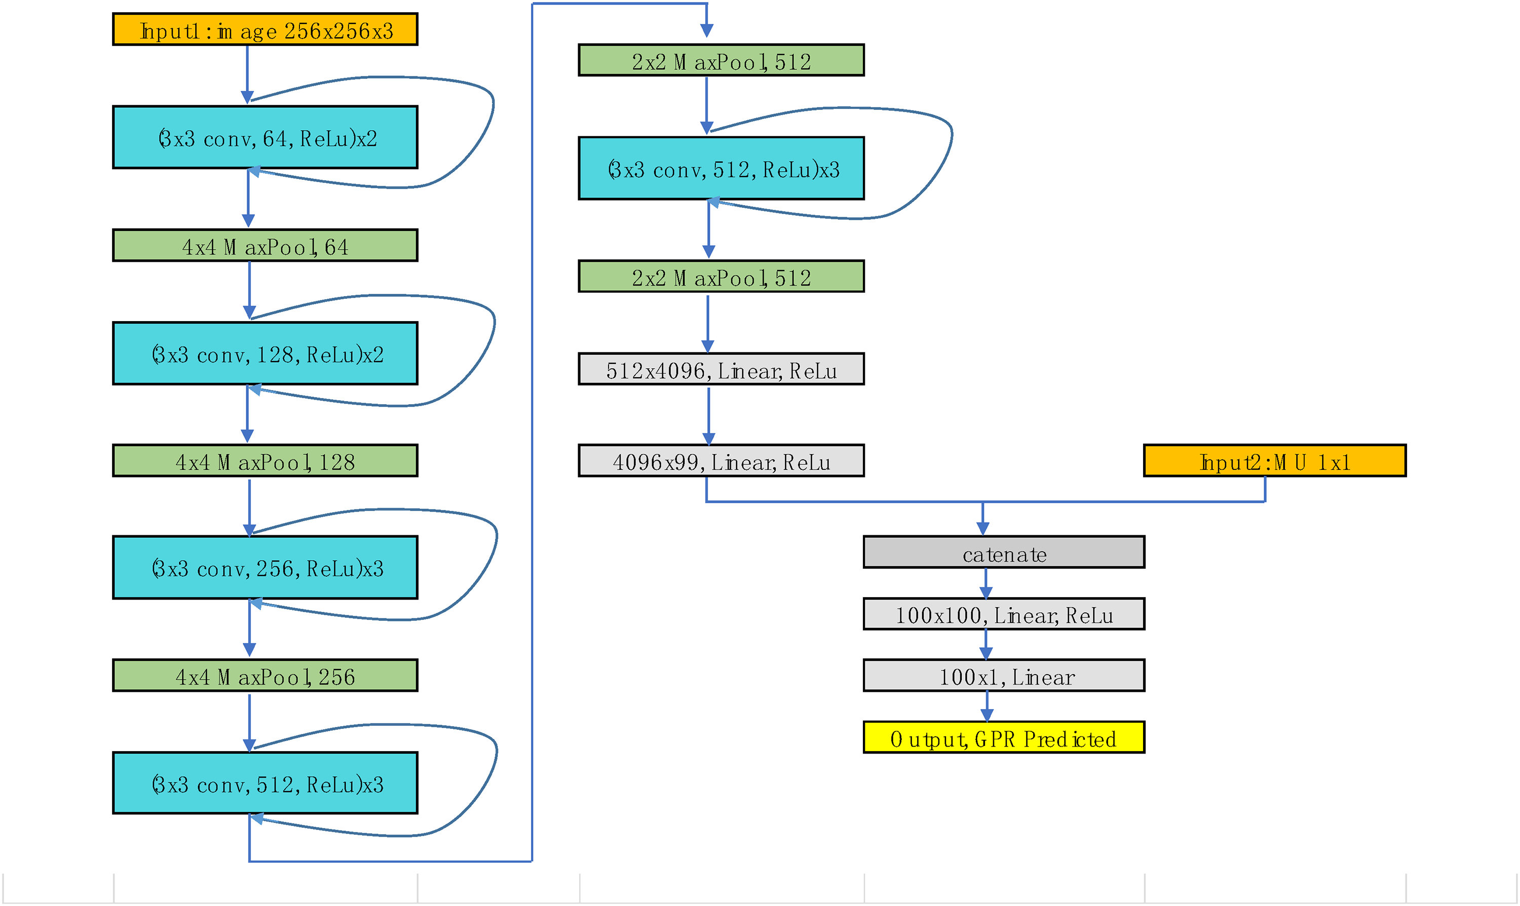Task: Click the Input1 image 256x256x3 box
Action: point(265,29)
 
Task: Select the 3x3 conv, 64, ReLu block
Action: point(265,137)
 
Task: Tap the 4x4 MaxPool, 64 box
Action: point(265,246)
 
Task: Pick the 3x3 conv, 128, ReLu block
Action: point(265,353)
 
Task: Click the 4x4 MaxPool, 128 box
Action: point(265,461)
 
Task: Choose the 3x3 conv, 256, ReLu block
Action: point(265,568)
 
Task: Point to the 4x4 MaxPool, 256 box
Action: point(265,676)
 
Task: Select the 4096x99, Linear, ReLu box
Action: point(721,461)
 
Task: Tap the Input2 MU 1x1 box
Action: point(1274,461)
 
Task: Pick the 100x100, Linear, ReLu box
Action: point(1003,614)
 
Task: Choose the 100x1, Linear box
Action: point(1003,676)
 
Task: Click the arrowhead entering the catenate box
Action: point(982,529)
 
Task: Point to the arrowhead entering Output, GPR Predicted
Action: point(987,714)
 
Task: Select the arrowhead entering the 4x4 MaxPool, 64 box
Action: point(248,221)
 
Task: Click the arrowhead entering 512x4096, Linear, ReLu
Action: point(708,346)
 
